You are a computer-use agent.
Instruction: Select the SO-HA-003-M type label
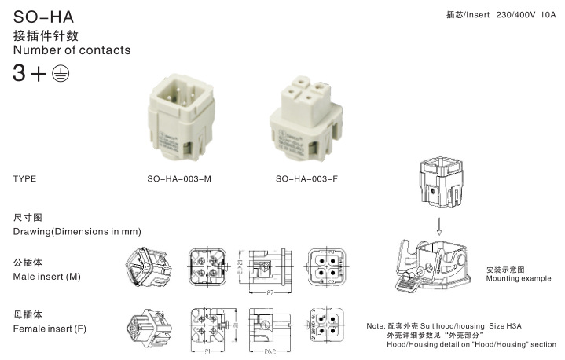[x=179, y=178]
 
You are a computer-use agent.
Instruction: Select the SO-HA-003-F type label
[x=307, y=178]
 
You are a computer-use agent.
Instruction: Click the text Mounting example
[x=518, y=278]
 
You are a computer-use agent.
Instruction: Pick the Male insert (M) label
[x=46, y=277]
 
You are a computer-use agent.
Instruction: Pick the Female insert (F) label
[x=50, y=329]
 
